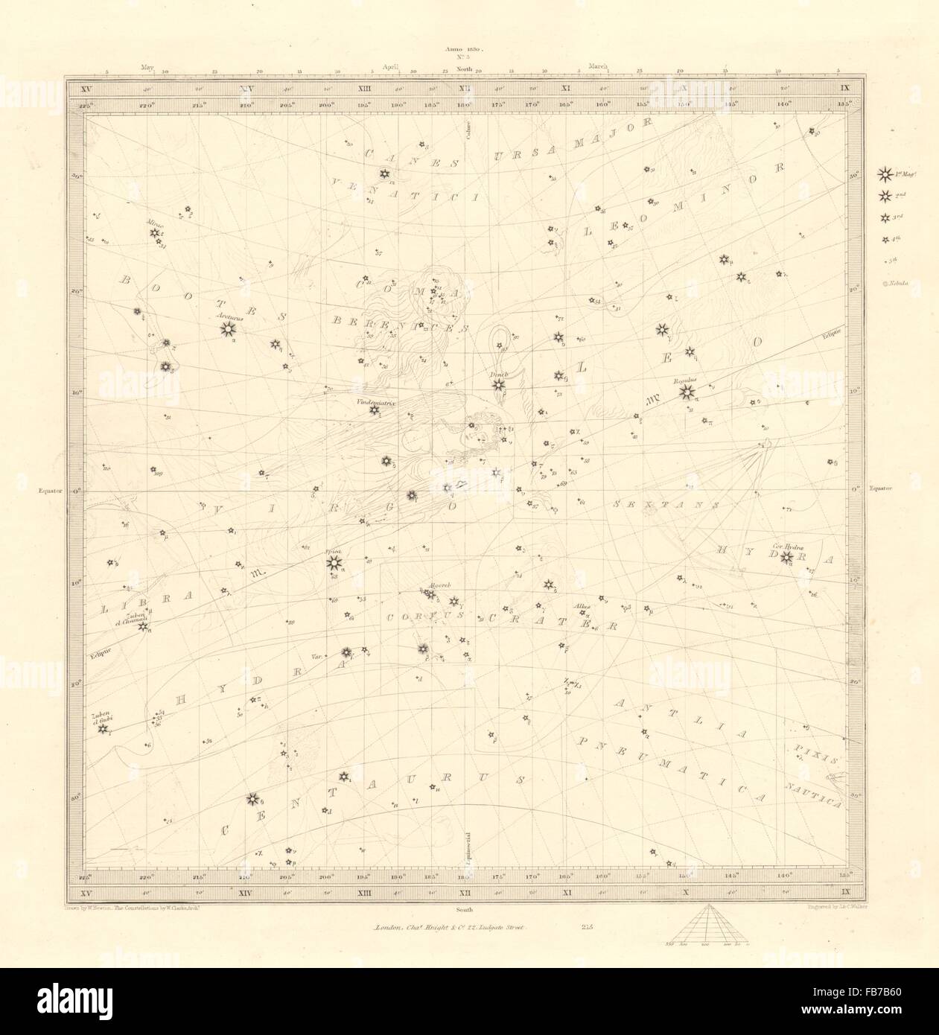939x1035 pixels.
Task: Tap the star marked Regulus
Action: [x=687, y=390]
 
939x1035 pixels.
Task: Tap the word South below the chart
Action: [x=465, y=910]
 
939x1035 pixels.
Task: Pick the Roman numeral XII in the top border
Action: [x=465, y=89]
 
